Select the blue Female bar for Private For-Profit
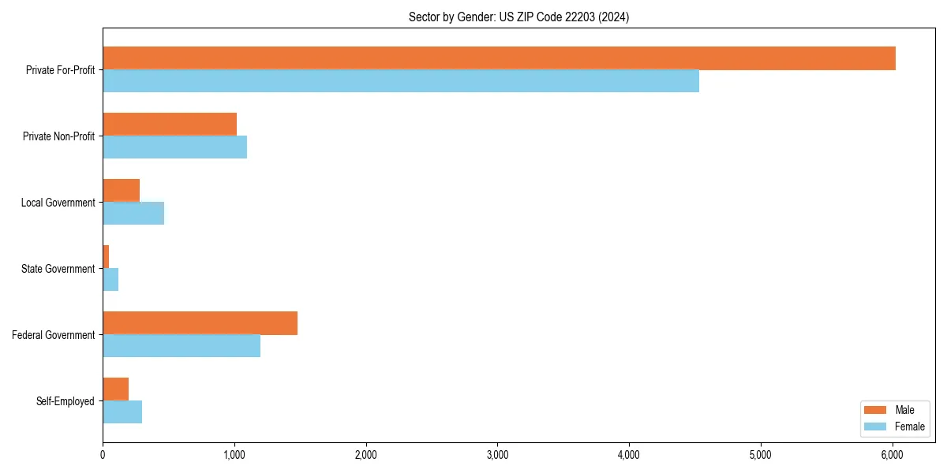(x=401, y=81)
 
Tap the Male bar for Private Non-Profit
(x=170, y=125)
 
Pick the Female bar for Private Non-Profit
(x=174, y=147)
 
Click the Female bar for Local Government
(x=133, y=214)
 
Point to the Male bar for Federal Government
(x=200, y=323)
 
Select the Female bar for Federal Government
(x=182, y=346)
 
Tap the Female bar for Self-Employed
(x=122, y=412)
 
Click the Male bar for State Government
(x=106, y=257)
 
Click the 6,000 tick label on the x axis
(x=892, y=455)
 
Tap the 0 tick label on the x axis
(x=103, y=455)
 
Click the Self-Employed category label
(x=66, y=401)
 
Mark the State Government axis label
(x=58, y=269)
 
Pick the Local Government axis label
(x=58, y=203)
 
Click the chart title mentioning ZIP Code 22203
(x=518, y=17)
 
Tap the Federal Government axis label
(x=54, y=335)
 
